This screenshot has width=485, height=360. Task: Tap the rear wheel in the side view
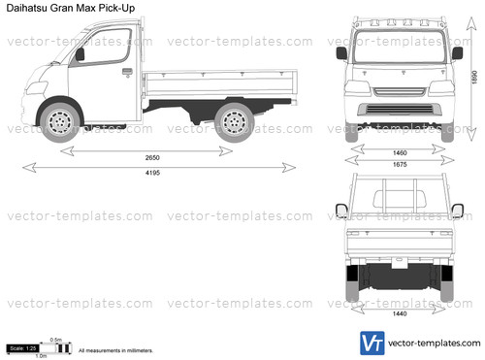click(x=233, y=122)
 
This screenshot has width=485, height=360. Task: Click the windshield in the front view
click(x=400, y=48)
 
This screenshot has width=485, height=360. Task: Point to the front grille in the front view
click(x=400, y=94)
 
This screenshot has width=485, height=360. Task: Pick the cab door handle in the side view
click(x=127, y=71)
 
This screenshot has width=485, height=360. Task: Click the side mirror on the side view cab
click(x=80, y=54)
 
